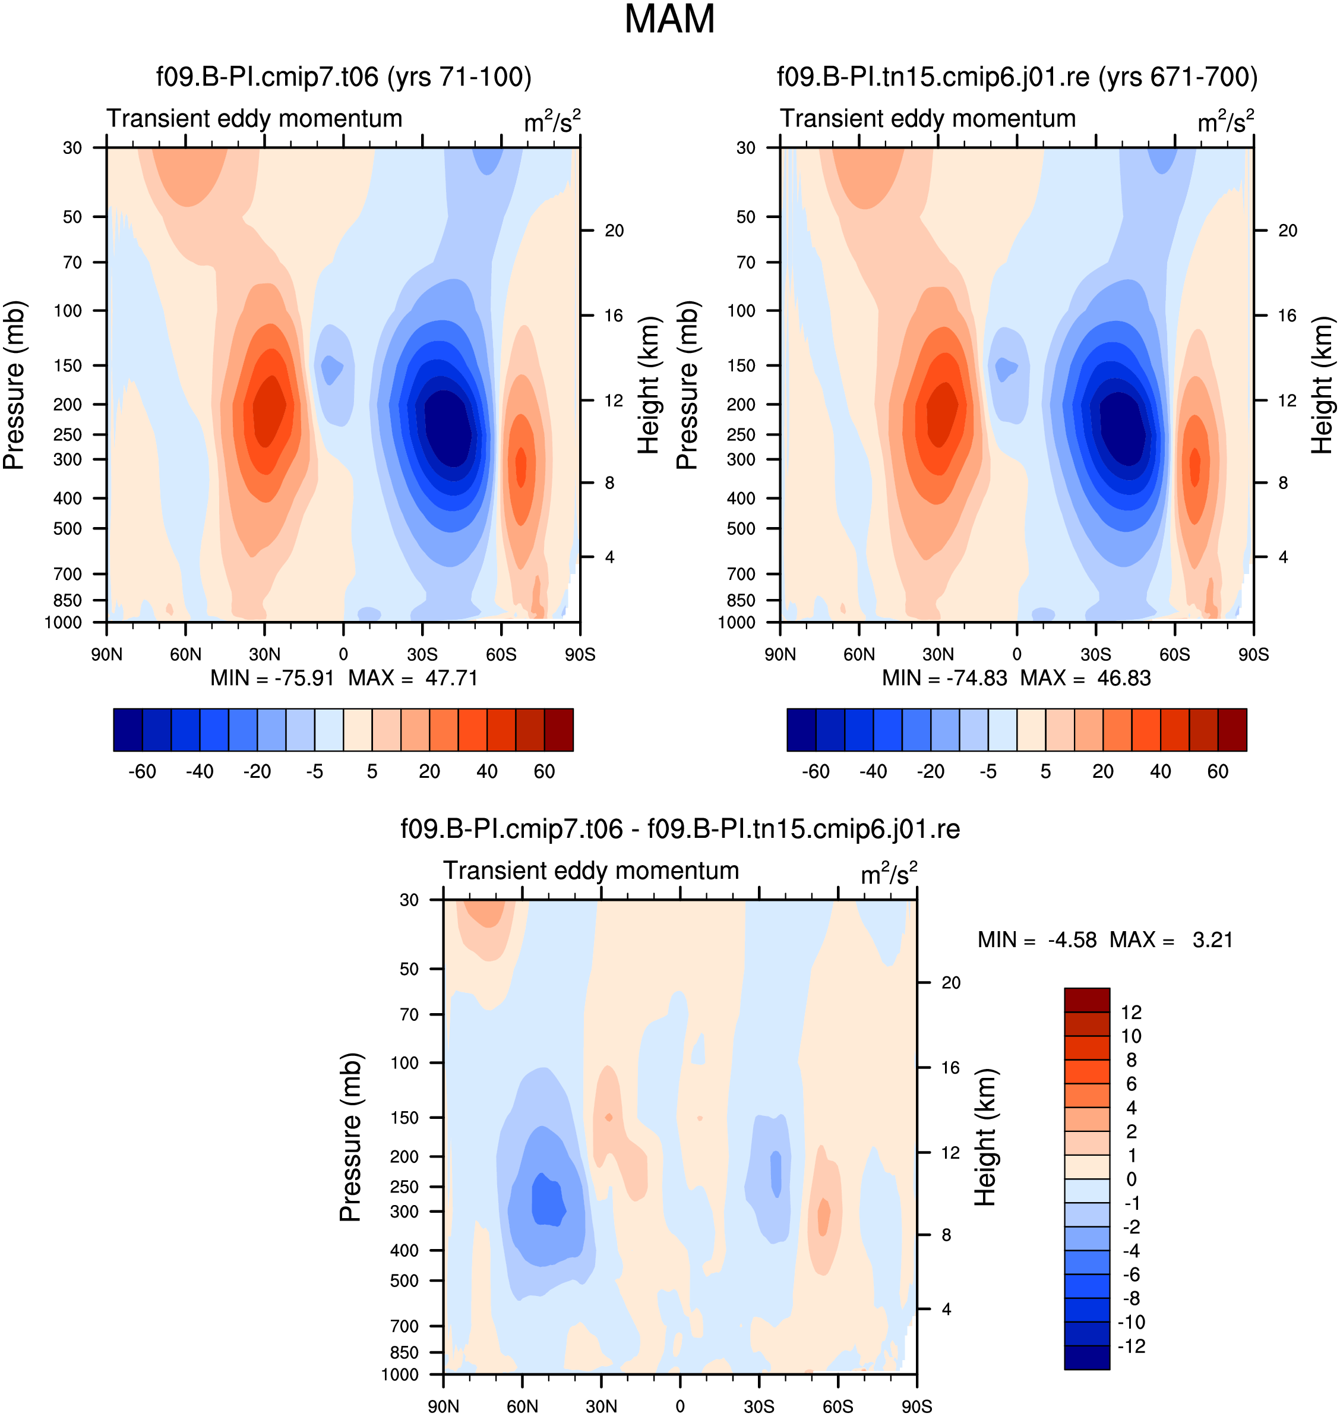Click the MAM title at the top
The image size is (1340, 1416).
pos(669,19)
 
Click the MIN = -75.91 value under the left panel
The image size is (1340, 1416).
pos(272,678)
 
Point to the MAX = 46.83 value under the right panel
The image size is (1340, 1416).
pos(1086,678)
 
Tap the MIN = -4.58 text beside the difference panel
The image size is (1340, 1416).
pos(1037,939)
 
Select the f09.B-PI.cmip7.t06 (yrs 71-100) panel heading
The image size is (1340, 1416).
pos(343,77)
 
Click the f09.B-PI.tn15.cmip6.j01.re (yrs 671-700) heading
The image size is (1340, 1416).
pos(1017,77)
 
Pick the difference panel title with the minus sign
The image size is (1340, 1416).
pos(680,829)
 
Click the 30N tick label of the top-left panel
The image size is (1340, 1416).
pos(264,654)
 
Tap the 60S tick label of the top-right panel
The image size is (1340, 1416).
pos(1175,654)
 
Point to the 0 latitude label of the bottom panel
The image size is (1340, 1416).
pos(680,1406)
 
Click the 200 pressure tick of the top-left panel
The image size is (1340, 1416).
pos(68,405)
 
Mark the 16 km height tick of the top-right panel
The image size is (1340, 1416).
pos(1287,316)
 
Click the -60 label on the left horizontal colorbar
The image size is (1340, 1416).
pos(142,772)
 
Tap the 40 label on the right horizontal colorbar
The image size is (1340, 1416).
pos(1161,772)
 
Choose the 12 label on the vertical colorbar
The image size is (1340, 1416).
pos(1132,1013)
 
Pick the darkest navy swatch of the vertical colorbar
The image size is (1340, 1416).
pos(1087,1357)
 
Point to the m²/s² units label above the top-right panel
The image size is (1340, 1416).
pos(1226,121)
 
